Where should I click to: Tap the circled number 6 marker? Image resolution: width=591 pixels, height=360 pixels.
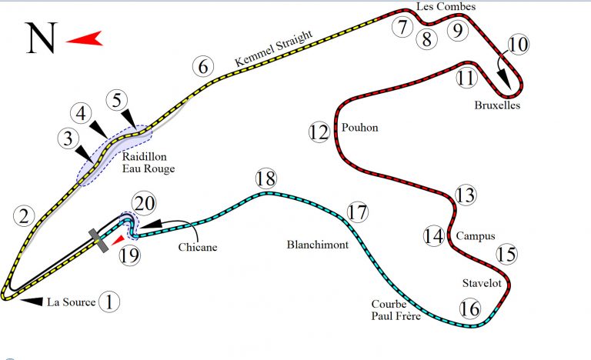pos(202,67)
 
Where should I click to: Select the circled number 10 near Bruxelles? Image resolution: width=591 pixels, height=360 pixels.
pos(519,45)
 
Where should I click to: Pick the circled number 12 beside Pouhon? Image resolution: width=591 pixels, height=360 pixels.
pos(319,132)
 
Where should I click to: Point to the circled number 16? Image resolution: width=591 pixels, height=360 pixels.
pos(469,308)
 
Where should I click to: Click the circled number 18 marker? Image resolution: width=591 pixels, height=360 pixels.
pos(265,179)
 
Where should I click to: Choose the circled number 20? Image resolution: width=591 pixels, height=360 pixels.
pos(143,204)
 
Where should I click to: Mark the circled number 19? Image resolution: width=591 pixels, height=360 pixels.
pos(130,255)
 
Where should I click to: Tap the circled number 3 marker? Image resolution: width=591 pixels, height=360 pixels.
pos(68,139)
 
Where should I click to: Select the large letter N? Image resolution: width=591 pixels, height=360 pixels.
pos(41,38)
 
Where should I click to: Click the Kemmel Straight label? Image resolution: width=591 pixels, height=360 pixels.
pos(274,48)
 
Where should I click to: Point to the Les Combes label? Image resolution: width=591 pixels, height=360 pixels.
pos(446,7)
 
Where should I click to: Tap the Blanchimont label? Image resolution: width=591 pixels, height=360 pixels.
pos(317,245)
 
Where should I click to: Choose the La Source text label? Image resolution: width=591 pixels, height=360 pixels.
pos(72,302)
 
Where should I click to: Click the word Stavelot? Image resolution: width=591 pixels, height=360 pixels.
pos(482,284)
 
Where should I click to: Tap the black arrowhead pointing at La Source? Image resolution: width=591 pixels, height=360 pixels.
pos(31,302)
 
